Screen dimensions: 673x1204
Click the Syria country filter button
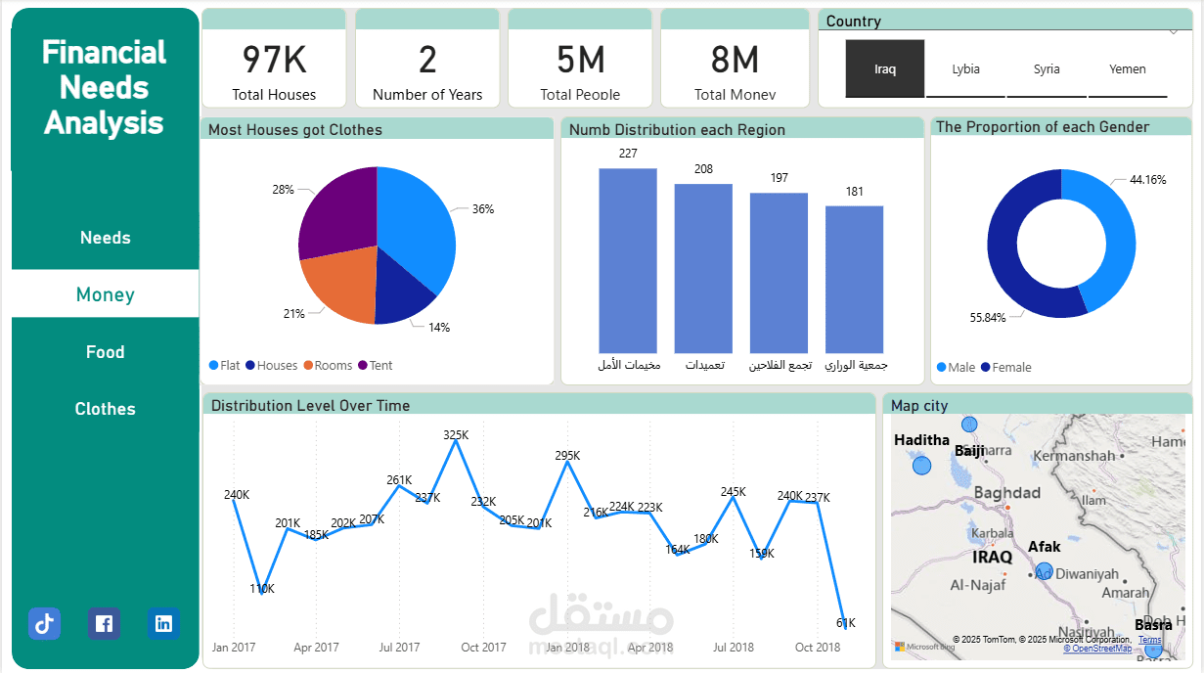coord(1047,69)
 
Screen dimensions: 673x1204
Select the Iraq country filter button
coord(885,69)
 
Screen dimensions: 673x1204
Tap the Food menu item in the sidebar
coord(105,352)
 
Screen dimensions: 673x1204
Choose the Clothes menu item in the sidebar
coord(105,409)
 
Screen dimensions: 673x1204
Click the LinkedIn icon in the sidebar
coord(163,623)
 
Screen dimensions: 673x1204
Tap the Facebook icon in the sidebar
coord(104,623)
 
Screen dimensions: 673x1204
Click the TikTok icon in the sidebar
coord(44,623)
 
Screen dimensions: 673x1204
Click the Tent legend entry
coord(376,366)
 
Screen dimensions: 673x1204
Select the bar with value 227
coord(628,260)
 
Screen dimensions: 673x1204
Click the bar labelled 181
coord(854,279)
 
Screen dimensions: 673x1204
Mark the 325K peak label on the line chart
coord(456,435)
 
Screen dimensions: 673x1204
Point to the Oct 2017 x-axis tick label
coord(484,648)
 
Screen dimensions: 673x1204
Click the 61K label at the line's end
coord(846,623)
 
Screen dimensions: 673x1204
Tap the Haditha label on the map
coord(921,440)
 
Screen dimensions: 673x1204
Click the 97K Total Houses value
coord(275,61)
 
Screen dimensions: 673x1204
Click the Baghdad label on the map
coord(1006,493)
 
